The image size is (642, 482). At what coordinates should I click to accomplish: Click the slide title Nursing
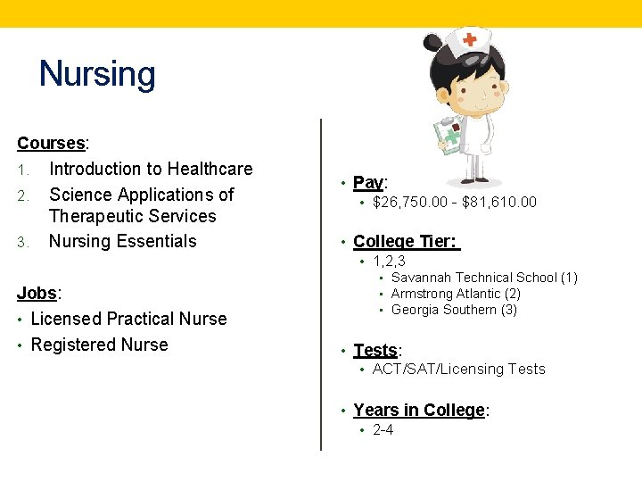[x=97, y=74]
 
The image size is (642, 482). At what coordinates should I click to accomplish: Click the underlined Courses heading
[x=52, y=143]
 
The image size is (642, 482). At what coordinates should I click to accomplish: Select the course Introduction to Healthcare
[x=151, y=169]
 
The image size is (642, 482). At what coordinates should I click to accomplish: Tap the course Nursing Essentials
[x=122, y=241]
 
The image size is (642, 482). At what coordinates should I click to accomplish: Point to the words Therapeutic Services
[x=133, y=216]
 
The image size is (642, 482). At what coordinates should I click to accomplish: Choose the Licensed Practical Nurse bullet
[x=128, y=319]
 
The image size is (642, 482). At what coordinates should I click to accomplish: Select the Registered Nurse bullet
[x=99, y=345]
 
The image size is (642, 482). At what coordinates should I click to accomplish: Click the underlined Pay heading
[x=368, y=183]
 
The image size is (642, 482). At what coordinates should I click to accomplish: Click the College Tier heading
[x=405, y=241]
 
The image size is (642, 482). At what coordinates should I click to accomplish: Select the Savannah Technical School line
[x=484, y=278]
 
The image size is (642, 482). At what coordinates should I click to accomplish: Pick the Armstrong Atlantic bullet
[x=456, y=294]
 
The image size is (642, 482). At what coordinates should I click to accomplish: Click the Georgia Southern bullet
[x=454, y=310]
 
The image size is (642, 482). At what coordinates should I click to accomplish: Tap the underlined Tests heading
[x=374, y=350]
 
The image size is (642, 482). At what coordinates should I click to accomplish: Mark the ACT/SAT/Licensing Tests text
[x=458, y=369]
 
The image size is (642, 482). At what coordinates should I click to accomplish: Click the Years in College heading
[x=419, y=410]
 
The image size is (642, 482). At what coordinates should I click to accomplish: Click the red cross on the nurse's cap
[x=469, y=40]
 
